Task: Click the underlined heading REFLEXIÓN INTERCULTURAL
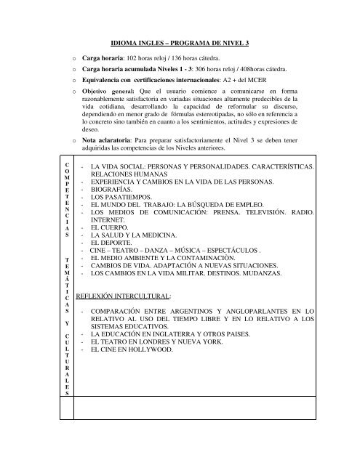(127, 318)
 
